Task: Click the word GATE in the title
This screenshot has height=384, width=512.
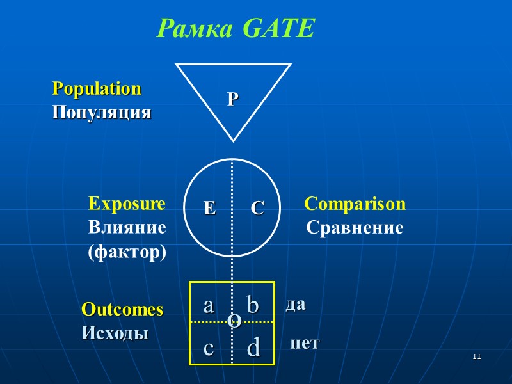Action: point(280,28)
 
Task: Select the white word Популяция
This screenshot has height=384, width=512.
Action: point(101,113)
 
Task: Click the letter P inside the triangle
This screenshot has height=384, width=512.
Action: point(233,99)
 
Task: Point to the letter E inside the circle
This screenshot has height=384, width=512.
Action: point(210,208)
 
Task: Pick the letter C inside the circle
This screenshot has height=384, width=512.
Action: point(257,208)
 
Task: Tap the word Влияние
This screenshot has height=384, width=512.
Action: point(127,227)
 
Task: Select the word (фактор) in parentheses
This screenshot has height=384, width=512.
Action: point(127,252)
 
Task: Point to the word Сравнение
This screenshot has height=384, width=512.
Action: point(355,227)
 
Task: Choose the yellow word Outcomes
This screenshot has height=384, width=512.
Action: point(122,310)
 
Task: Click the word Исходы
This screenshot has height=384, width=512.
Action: point(115,333)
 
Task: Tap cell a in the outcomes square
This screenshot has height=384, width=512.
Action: point(209,305)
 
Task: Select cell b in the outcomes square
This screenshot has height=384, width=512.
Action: point(253,305)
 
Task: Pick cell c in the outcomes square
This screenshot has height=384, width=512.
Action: point(209,348)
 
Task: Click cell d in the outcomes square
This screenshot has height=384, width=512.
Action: point(253,348)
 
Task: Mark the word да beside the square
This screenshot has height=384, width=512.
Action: point(295,305)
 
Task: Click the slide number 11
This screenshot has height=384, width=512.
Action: point(476,356)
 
